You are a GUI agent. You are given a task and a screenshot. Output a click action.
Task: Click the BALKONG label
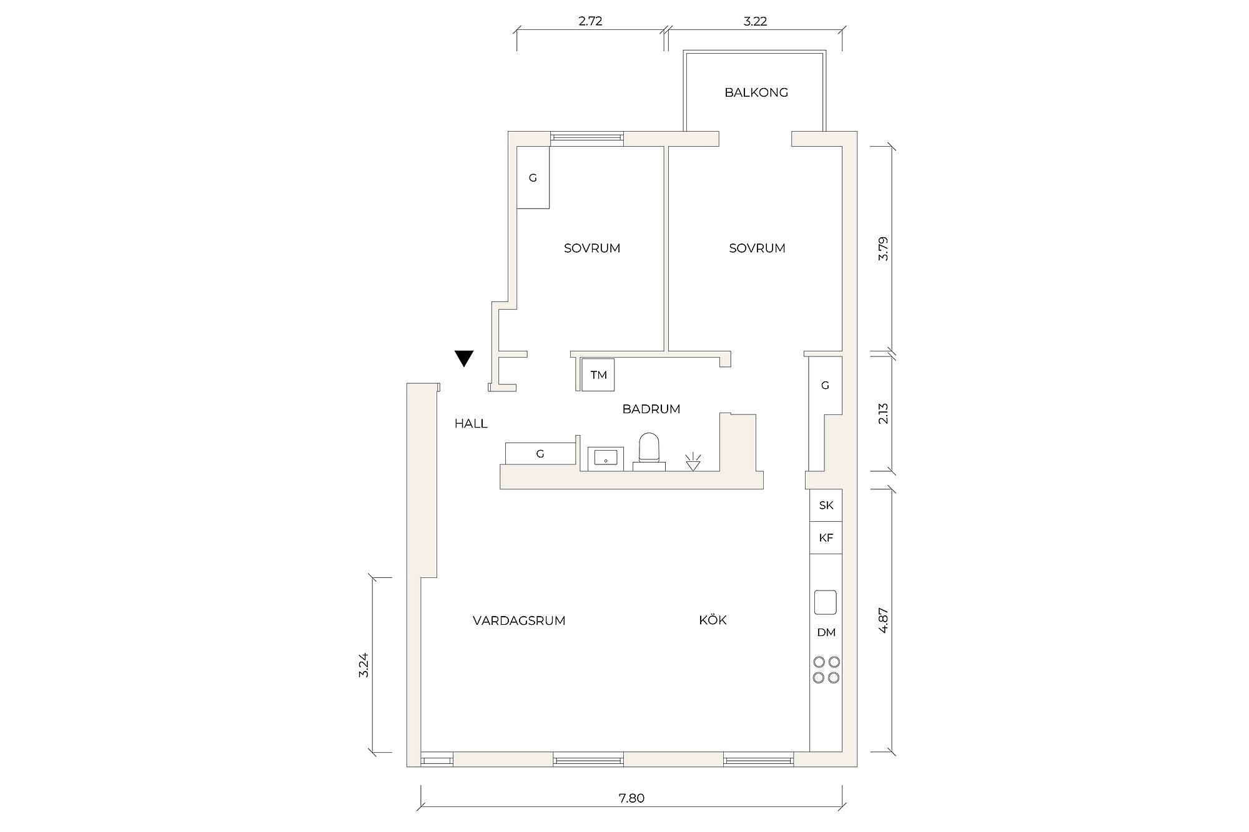[756, 92]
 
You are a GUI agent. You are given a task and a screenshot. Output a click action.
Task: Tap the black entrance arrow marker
[464, 358]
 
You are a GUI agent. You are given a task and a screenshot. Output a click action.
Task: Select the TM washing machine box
[598, 375]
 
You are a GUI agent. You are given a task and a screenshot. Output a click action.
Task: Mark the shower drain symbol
[693, 461]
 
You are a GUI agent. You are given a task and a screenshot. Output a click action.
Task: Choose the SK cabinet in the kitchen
[826, 505]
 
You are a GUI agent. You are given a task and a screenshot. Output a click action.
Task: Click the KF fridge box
[826, 537]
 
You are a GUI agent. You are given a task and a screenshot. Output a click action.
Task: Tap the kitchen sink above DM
[826, 602]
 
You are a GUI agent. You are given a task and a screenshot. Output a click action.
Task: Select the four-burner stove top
[826, 669]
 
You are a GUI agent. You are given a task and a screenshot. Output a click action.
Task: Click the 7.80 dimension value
[633, 798]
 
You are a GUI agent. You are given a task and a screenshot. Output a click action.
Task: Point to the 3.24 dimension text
[365, 665]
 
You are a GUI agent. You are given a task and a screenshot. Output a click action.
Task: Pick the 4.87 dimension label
[883, 620]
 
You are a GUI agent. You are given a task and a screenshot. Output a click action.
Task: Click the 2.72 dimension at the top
[590, 21]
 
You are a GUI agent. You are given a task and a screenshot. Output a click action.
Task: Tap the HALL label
[471, 424]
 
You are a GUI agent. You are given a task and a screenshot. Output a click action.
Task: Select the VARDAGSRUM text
[519, 620]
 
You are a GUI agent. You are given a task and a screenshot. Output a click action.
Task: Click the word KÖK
[713, 620]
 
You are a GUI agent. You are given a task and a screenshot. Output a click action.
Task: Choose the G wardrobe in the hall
[540, 454]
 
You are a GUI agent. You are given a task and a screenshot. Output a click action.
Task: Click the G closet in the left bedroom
[533, 177]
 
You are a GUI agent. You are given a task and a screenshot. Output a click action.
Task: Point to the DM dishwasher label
[826, 633]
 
